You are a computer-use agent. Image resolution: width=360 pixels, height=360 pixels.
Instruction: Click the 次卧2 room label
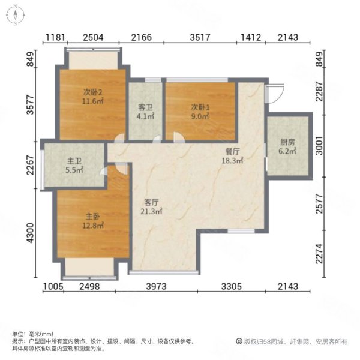coord(93,92)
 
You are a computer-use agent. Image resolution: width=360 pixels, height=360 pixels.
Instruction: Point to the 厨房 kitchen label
coord(287,143)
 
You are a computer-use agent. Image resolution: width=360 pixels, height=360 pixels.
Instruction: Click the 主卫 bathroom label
coord(74,161)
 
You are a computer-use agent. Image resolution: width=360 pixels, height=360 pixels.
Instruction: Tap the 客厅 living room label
coord(151,202)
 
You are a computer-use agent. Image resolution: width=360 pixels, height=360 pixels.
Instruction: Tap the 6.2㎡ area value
coord(287,152)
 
